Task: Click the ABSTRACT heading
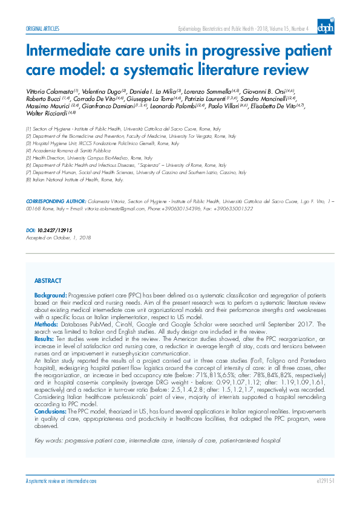coord(48,281)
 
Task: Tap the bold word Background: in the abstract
coord(50,293)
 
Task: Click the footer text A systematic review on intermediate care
coord(61,481)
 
